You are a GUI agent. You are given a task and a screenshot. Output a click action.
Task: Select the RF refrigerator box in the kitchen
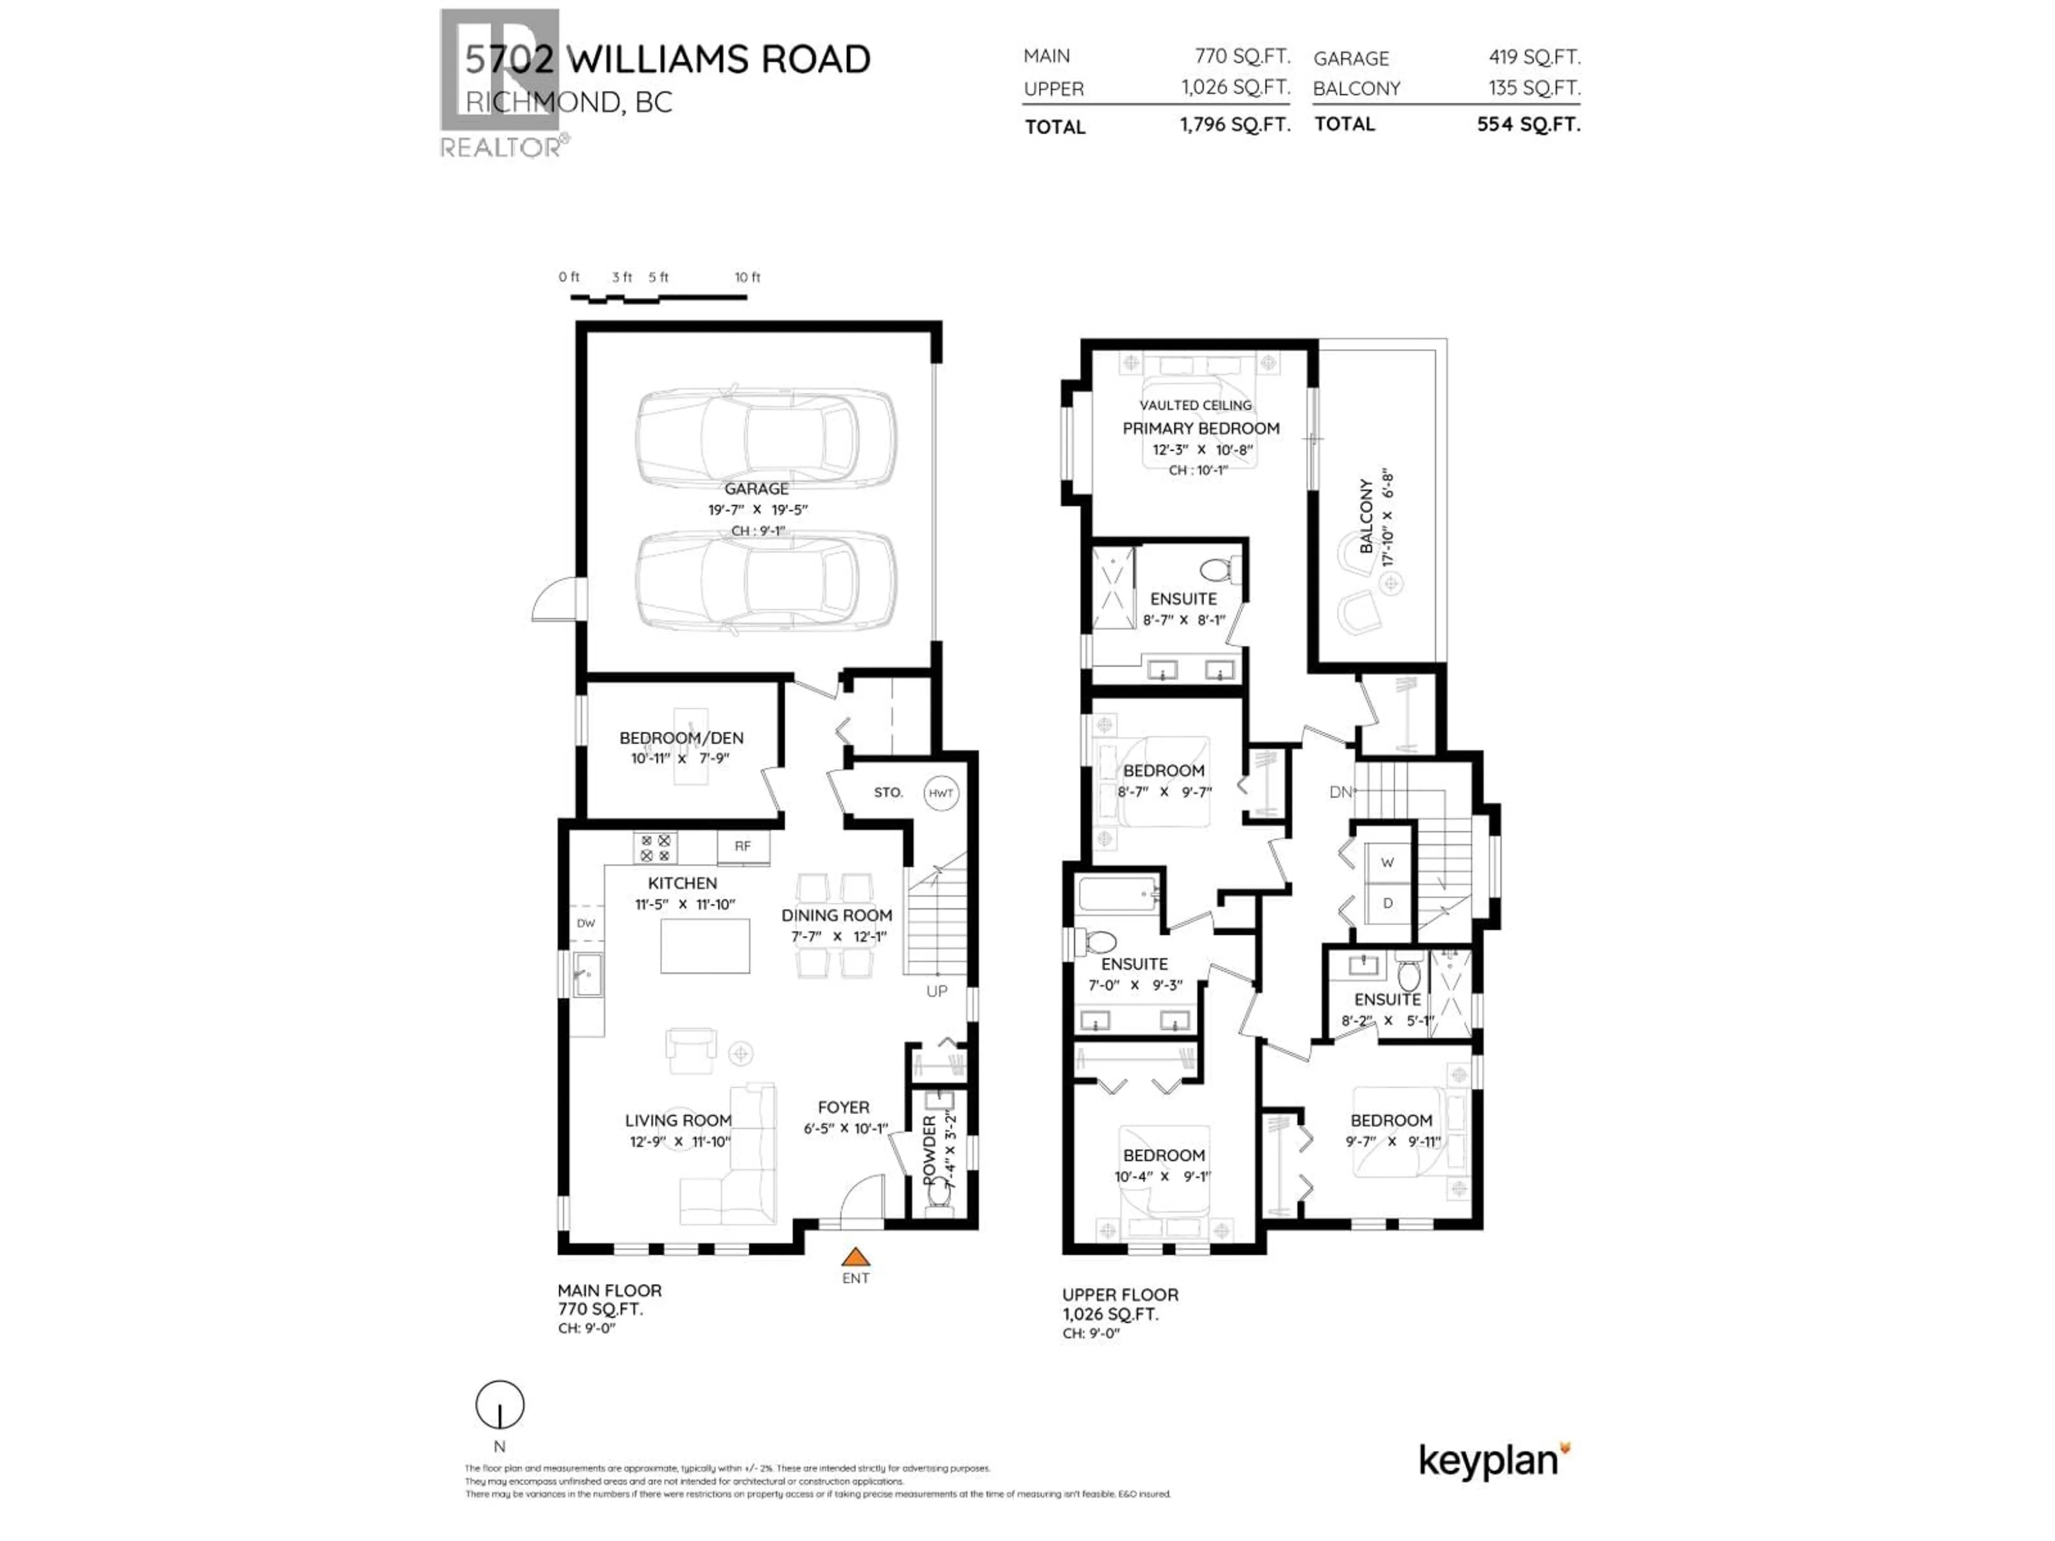coord(742,846)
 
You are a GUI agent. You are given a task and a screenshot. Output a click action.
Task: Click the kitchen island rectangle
coord(705,945)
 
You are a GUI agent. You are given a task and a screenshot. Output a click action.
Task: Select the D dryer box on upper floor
coord(1387,903)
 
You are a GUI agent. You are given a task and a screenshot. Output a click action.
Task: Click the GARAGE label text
coord(756,489)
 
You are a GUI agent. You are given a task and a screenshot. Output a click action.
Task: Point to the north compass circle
coord(500,1406)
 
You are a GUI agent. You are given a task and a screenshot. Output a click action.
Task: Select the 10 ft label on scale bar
coord(747,277)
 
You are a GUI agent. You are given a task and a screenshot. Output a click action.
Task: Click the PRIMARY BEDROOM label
coord(1200,428)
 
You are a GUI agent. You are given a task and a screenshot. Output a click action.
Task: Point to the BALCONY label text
coord(1366,516)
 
